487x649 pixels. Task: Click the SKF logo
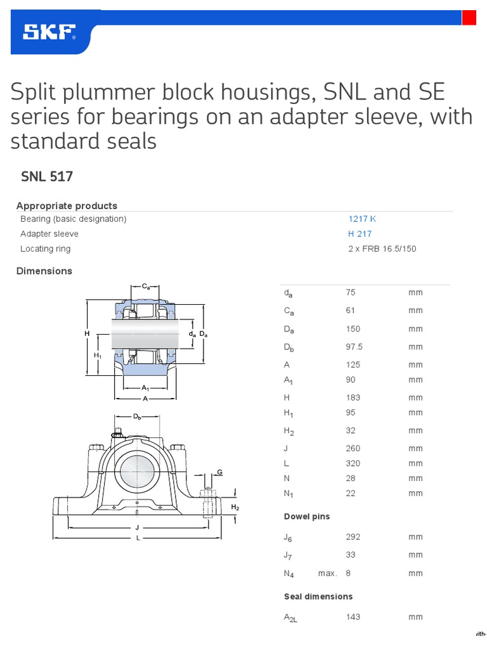(x=49, y=32)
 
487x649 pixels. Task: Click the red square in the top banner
(x=469, y=18)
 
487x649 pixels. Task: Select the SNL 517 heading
(x=47, y=177)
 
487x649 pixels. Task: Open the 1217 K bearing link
(x=362, y=219)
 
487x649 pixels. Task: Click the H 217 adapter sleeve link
(x=360, y=234)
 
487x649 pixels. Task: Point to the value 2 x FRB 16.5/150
(x=382, y=249)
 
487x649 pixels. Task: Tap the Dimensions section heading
(x=44, y=271)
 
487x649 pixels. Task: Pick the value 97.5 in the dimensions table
(x=354, y=347)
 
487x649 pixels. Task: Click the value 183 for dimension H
(x=353, y=397)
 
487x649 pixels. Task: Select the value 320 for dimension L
(x=353, y=463)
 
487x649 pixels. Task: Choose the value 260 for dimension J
(x=353, y=448)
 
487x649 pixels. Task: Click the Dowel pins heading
(x=307, y=517)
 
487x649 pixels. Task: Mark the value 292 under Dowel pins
(x=353, y=537)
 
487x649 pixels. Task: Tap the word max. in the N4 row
(x=327, y=573)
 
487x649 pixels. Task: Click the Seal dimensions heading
(x=318, y=596)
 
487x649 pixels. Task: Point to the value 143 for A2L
(x=353, y=617)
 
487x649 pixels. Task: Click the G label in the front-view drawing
(x=220, y=472)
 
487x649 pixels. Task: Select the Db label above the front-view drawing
(x=137, y=417)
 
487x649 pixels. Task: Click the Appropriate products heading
(x=67, y=206)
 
